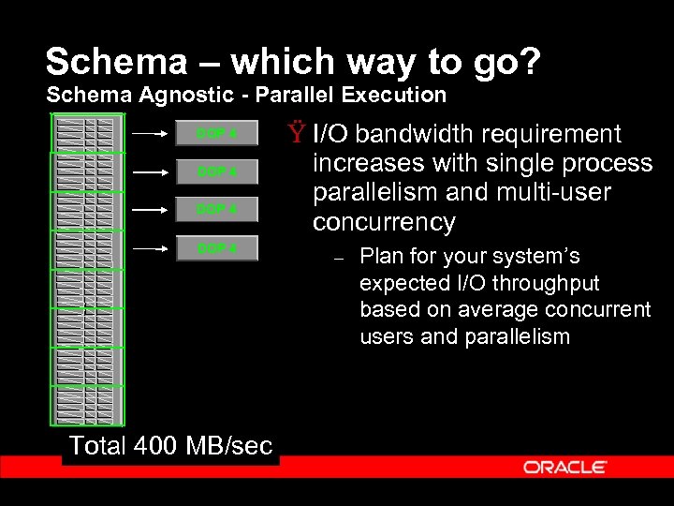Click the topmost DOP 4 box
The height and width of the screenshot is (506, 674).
[216, 134]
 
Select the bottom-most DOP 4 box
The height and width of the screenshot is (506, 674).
[216, 248]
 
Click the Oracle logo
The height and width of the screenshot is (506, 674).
[564, 467]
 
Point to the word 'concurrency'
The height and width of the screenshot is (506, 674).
[384, 223]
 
